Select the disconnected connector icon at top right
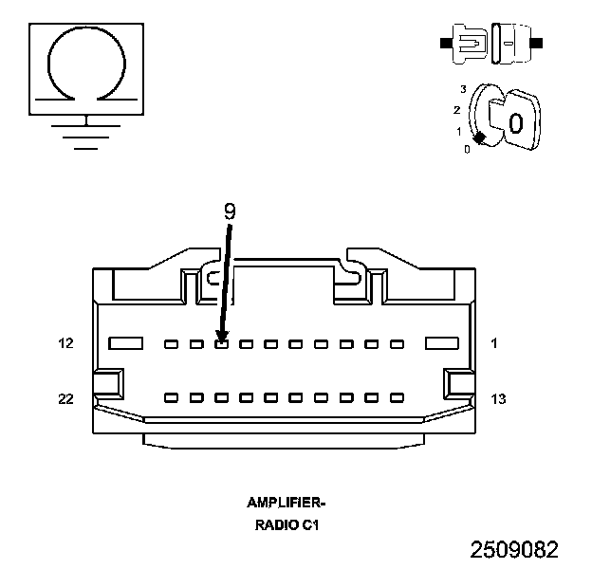(491, 44)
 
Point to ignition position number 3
(463, 89)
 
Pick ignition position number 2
(457, 110)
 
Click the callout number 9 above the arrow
(230, 211)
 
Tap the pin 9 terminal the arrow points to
(222, 344)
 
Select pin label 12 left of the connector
(65, 343)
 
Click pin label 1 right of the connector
(494, 343)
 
